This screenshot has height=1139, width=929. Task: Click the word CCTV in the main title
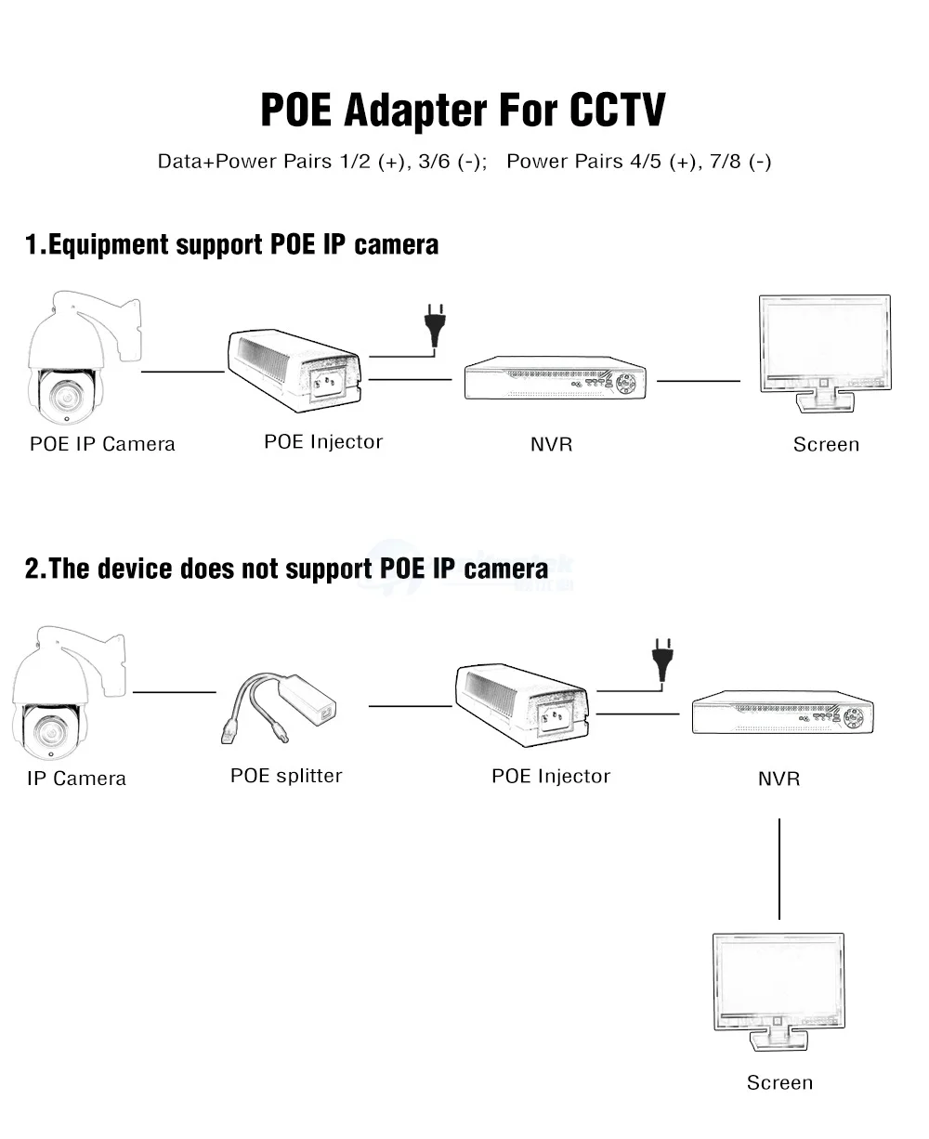tap(618, 110)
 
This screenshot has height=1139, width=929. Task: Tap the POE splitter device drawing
tap(279, 707)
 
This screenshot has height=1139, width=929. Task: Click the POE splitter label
tap(286, 776)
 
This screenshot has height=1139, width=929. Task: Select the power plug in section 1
tap(435, 325)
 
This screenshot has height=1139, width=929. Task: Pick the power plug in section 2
tap(662, 660)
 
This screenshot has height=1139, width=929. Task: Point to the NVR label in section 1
tap(552, 444)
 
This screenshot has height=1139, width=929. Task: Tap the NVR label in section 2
tap(779, 779)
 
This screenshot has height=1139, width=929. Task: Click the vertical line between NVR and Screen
tap(779, 869)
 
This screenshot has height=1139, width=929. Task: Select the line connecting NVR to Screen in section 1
tap(699, 381)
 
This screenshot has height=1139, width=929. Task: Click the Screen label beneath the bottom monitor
tap(779, 1082)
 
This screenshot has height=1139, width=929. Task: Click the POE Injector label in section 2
tap(551, 776)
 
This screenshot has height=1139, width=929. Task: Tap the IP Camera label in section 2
tap(77, 779)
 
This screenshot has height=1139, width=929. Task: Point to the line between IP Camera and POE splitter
tap(175, 692)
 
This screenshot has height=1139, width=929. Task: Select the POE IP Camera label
tap(102, 444)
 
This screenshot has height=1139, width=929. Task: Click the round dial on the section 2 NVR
tap(854, 717)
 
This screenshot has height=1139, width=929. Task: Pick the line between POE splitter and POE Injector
tap(411, 706)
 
